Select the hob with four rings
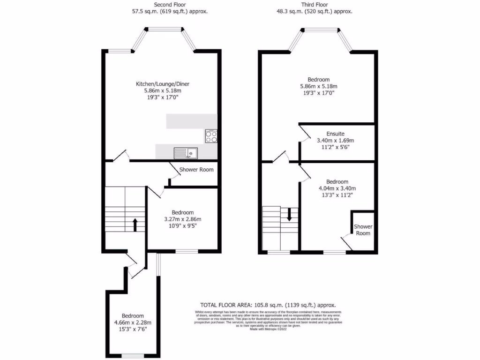click(211, 135)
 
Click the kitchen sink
click(186, 152)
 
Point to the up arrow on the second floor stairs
click(135, 225)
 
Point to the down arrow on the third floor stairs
click(289, 214)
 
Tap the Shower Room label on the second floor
click(196, 170)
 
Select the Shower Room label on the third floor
click(363, 230)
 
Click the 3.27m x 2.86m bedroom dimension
click(182, 219)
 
